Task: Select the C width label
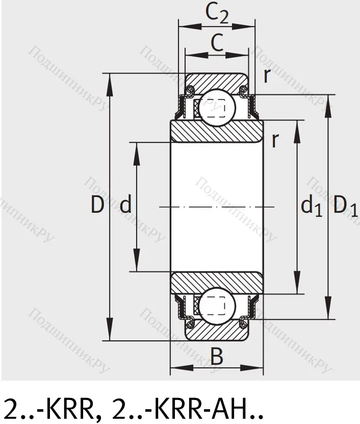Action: tap(217, 42)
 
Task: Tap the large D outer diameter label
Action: tap(97, 205)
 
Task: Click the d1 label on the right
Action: tap(312, 206)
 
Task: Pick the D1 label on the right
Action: tap(345, 207)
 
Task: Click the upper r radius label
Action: tap(267, 76)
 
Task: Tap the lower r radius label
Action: tap(275, 140)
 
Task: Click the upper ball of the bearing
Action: tap(217, 108)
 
